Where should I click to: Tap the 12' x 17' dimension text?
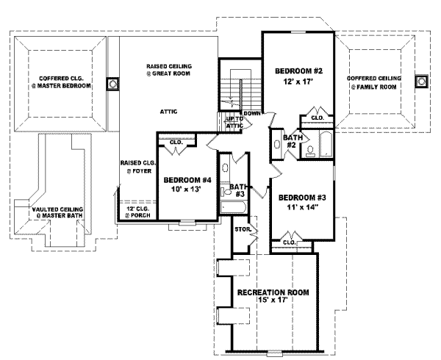point(298,82)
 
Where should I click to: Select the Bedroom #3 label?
point(302,198)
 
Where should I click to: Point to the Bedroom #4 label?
point(187,179)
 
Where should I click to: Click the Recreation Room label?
point(273,292)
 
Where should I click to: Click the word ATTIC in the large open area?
point(169,112)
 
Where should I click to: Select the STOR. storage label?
point(243,229)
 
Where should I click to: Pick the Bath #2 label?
point(293,141)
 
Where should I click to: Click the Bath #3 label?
point(239,190)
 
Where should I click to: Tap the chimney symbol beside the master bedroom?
point(112,84)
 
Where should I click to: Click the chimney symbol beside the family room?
point(421,82)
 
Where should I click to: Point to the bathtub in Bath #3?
point(233,208)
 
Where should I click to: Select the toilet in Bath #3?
point(226,192)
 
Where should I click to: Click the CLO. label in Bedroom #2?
point(318,118)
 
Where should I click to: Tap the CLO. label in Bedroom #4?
point(176,143)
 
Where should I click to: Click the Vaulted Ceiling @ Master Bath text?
point(57,212)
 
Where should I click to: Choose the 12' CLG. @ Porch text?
point(138,212)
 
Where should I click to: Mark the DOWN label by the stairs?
point(252,114)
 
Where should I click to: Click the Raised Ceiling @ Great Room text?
point(169,70)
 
